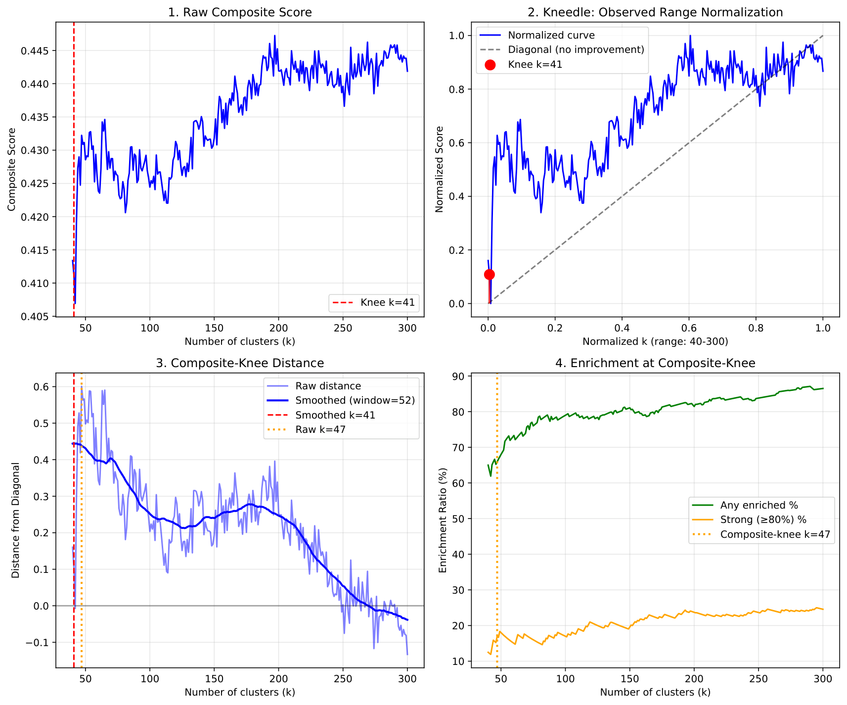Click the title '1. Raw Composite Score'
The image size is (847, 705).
pos(240,12)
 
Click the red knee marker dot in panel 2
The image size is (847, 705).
pos(490,275)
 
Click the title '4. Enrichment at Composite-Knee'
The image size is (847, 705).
pos(655,363)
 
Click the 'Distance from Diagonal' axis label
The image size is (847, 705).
pos(16,520)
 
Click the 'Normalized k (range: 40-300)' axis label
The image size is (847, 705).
pos(655,341)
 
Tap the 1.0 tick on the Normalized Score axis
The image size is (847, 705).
pos(456,36)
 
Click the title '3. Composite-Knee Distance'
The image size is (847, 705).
pos(240,363)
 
